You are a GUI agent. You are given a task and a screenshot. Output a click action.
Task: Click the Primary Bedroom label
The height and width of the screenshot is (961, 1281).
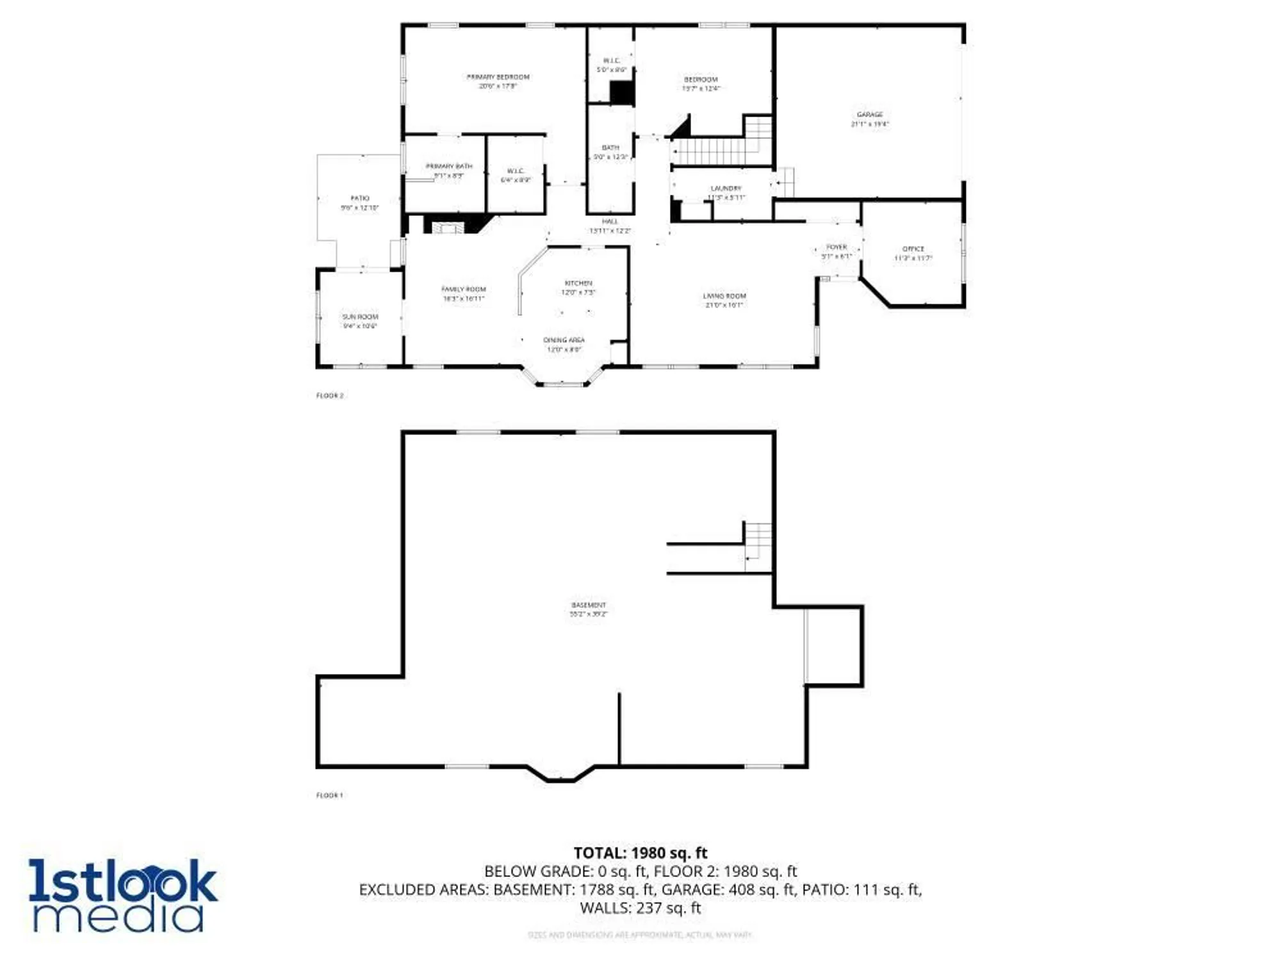pyautogui.click(x=498, y=78)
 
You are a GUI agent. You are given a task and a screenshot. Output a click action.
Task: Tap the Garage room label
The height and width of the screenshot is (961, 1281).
pyautogui.click(x=869, y=115)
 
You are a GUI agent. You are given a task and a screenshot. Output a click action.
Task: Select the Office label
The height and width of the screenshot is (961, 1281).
pyautogui.click(x=913, y=249)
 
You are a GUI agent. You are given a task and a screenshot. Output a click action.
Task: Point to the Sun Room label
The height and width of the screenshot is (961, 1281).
pyautogui.click(x=360, y=317)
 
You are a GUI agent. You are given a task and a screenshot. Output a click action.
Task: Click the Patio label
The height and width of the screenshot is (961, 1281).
pyautogui.click(x=360, y=199)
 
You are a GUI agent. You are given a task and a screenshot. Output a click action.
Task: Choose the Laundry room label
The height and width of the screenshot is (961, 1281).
pyautogui.click(x=726, y=189)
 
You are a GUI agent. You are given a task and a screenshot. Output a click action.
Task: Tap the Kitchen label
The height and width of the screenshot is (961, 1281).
pyautogui.click(x=578, y=283)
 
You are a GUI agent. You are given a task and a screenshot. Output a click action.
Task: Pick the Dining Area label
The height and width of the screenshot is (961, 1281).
pyautogui.click(x=564, y=340)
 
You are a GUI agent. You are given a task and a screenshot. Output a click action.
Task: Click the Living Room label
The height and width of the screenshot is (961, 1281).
pyautogui.click(x=724, y=296)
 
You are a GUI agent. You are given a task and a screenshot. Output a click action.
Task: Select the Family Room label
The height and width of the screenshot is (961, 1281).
pyautogui.click(x=464, y=290)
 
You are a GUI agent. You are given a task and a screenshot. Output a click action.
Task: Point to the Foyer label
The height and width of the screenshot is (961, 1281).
pyautogui.click(x=836, y=247)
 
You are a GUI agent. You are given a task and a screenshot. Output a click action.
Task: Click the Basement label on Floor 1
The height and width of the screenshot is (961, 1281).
pyautogui.click(x=588, y=605)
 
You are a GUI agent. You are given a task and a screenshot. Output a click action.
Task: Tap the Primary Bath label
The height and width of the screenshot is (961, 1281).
pyautogui.click(x=449, y=167)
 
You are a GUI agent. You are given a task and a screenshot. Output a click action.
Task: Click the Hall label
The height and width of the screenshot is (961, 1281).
pyautogui.click(x=610, y=222)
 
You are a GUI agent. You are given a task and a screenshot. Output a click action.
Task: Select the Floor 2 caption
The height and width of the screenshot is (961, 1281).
pyautogui.click(x=330, y=396)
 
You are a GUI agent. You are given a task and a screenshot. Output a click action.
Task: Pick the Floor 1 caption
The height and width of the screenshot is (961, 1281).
pyautogui.click(x=330, y=796)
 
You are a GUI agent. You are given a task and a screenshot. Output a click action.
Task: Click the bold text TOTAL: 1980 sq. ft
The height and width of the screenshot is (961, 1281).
pyautogui.click(x=640, y=853)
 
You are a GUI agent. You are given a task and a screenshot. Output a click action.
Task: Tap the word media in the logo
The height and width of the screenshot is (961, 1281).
pyautogui.click(x=118, y=916)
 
